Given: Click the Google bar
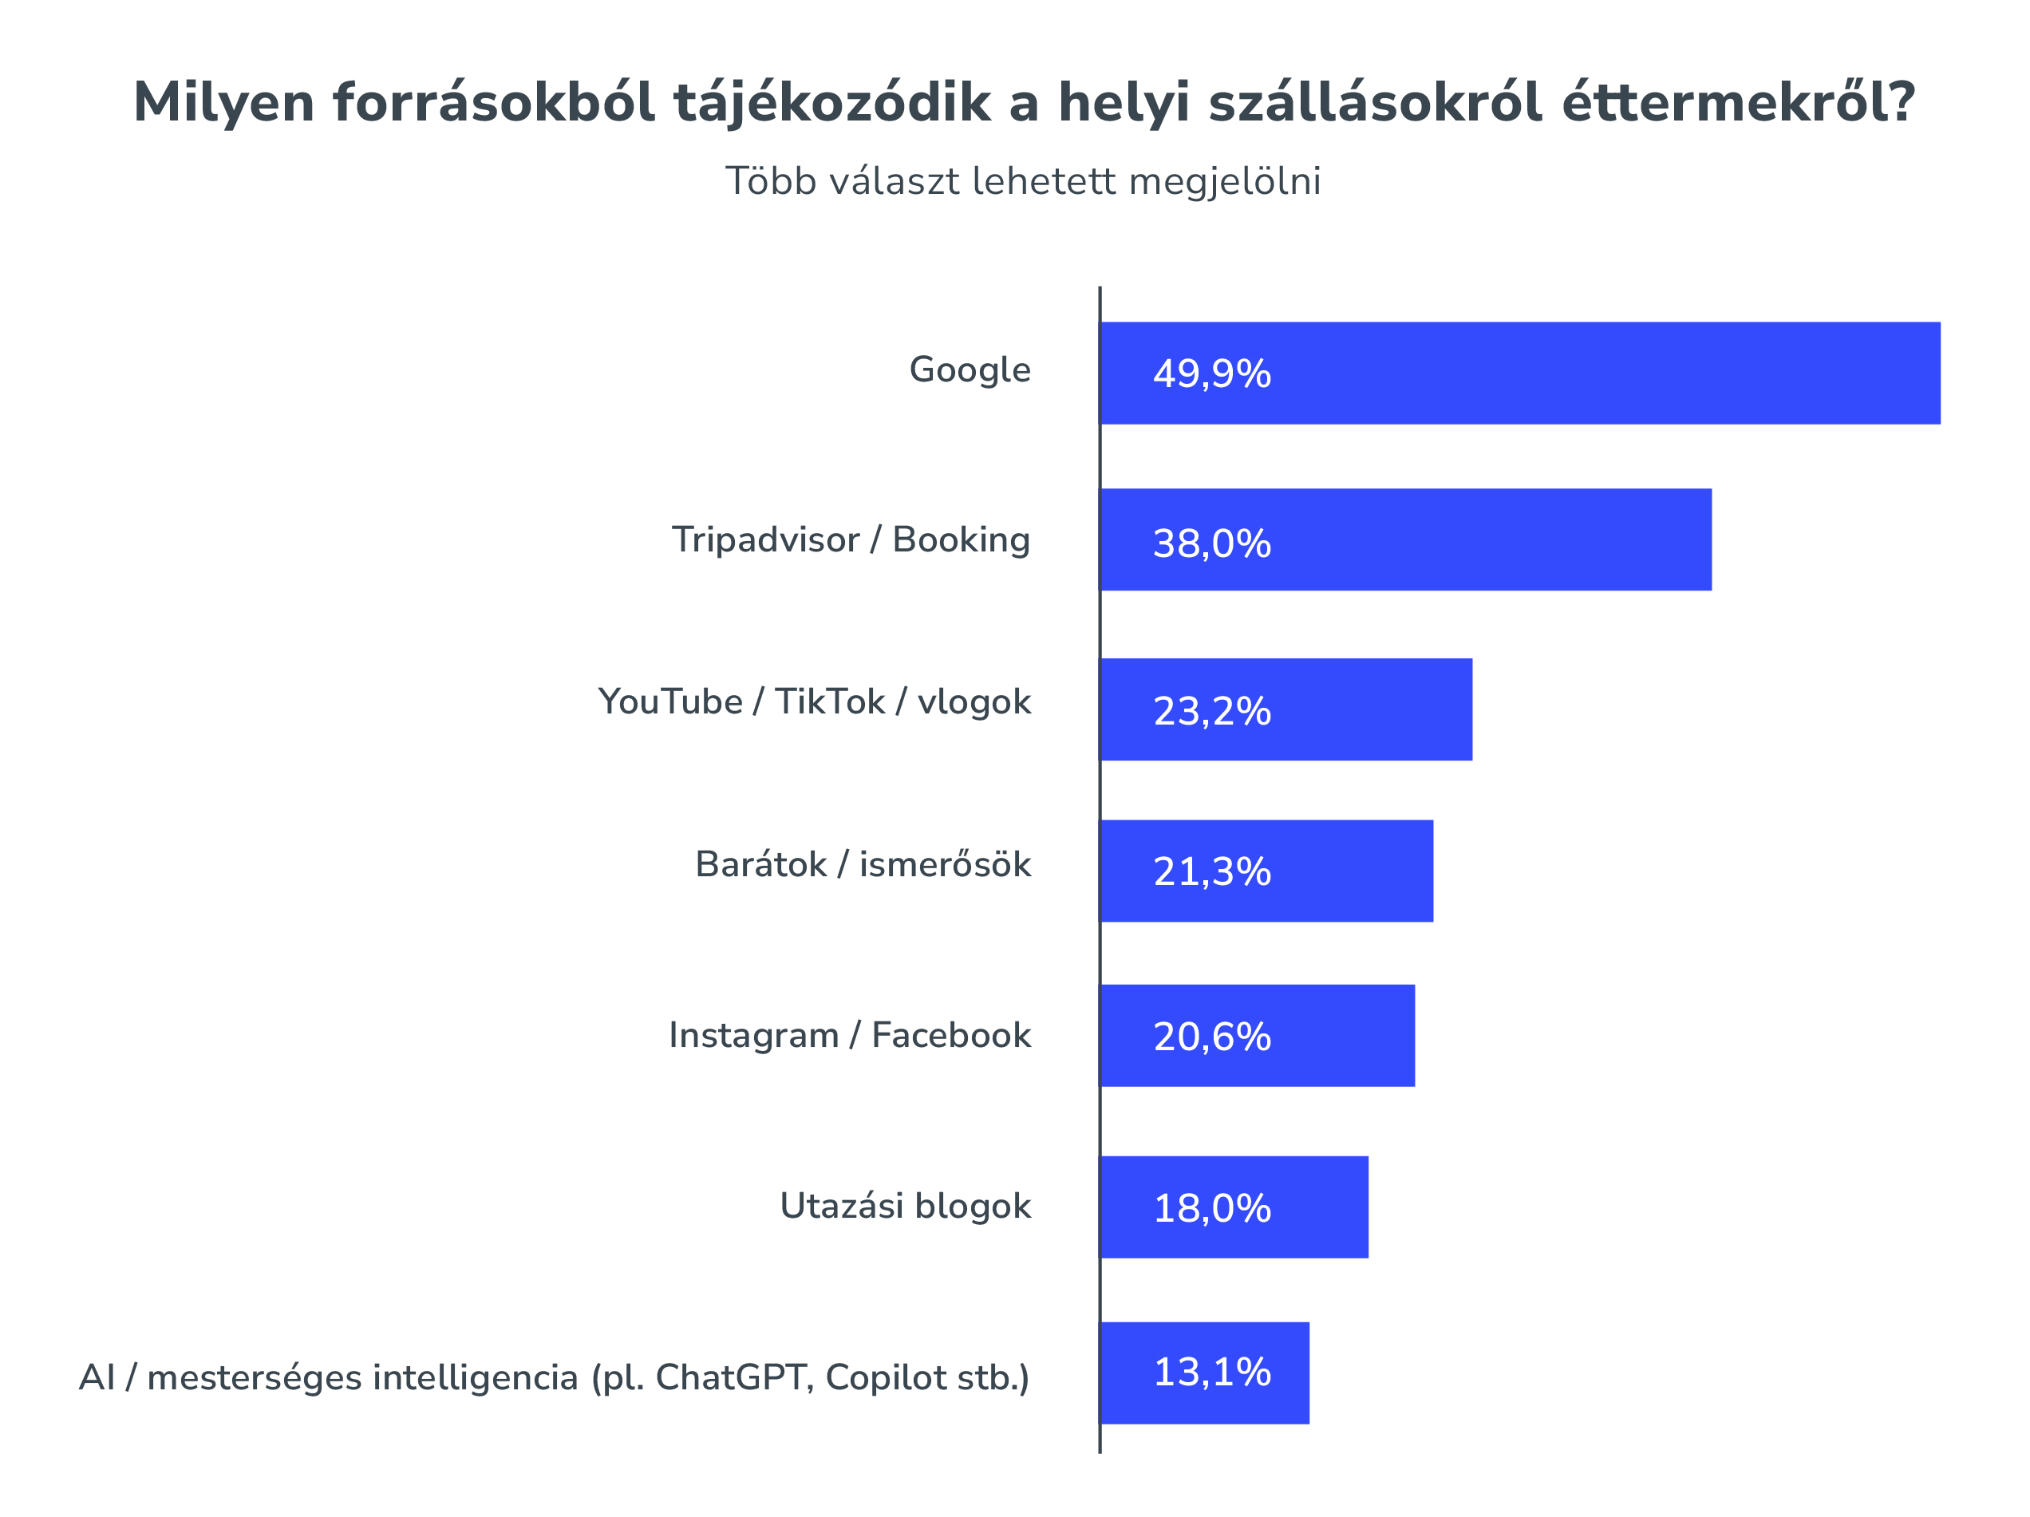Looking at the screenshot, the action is (1520, 373).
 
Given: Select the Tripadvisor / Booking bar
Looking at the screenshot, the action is (1406, 539).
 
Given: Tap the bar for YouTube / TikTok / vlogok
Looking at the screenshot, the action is (1286, 709).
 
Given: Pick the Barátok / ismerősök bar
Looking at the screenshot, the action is (1266, 871).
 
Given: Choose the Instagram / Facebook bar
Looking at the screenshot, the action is (1258, 1036).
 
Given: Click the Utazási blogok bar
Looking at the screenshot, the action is (1234, 1207).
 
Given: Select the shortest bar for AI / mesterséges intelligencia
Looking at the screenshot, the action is (1205, 1373).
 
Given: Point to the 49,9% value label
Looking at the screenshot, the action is (1211, 374).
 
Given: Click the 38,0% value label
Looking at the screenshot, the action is (1211, 544).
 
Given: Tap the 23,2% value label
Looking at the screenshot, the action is (1211, 712).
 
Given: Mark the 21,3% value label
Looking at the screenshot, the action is (1211, 872).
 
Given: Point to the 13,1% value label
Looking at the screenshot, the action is (1211, 1373).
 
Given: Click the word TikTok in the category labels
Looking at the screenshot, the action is (830, 702).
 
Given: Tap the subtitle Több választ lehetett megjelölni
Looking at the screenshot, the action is (1023, 182).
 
